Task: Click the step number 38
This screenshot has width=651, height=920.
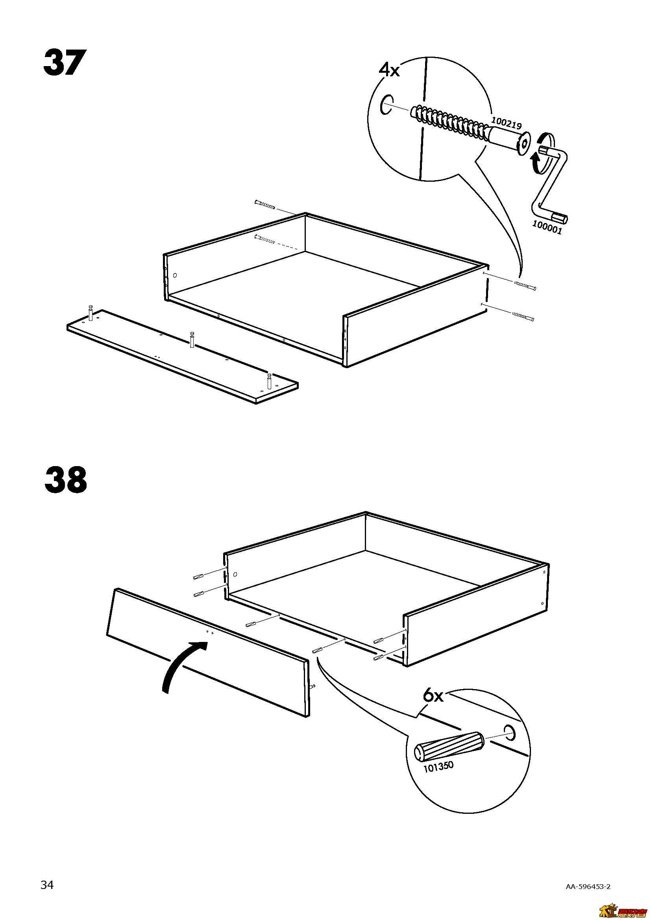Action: click(66, 480)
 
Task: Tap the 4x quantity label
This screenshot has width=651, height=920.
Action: click(389, 70)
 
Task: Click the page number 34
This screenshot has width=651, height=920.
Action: click(47, 871)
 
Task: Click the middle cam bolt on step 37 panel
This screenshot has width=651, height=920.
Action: click(192, 339)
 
